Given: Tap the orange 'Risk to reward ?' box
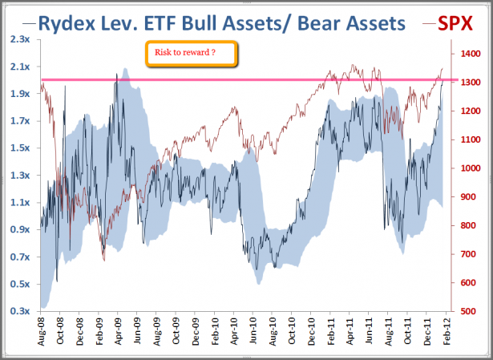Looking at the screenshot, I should click(191, 54).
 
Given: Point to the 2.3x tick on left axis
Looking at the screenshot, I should click(21, 39).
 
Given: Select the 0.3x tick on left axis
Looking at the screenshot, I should click(21, 311).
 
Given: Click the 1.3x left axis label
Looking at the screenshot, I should click(21, 176).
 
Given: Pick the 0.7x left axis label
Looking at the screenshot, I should click(21, 257).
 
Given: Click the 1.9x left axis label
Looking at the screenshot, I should click(21, 94).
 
